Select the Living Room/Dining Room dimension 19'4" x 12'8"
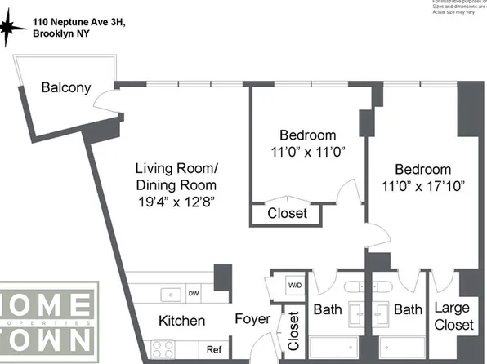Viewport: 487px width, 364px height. pos(176,200)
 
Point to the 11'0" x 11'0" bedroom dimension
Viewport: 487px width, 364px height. pos(307,151)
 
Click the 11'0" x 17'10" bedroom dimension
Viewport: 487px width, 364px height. pos(422,185)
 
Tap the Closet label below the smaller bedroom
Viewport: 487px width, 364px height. pos(288,214)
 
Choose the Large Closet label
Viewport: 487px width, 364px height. pos(453,317)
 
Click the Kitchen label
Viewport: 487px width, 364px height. pos(181,321)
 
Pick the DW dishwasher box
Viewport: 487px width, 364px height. pos(194,294)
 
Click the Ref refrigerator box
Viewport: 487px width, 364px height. pos(213,349)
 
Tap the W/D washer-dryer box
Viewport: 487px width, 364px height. pos(295,286)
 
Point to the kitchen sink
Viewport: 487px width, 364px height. pos(172,292)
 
